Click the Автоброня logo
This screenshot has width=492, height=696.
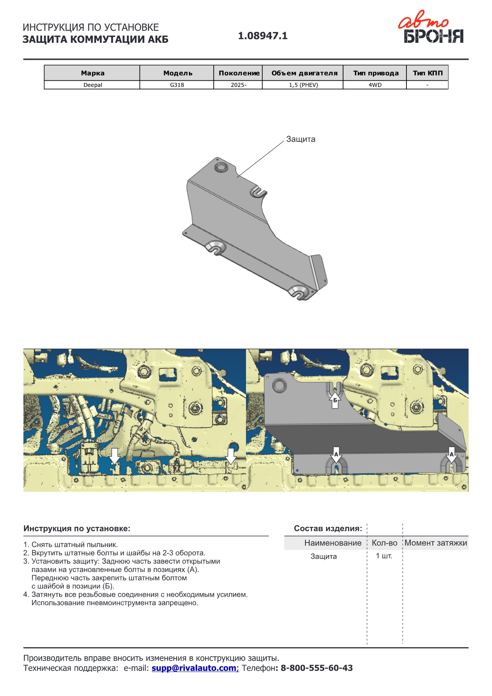pos(431,27)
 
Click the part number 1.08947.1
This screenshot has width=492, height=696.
pos(263,36)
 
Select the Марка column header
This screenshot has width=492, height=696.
pos(93,73)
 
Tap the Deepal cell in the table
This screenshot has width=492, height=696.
pos(93,85)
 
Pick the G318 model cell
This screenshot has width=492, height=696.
pos(177,85)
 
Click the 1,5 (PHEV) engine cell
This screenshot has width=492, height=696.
pos(303,85)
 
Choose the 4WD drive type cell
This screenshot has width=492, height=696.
pos(375,85)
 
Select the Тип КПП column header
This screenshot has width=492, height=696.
pos(428,73)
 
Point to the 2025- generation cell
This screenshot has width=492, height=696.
pos(238,85)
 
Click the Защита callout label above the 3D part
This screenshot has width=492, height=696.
pos(301,139)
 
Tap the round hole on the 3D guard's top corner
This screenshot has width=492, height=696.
pos(221,167)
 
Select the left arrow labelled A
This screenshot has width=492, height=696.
pos(336,455)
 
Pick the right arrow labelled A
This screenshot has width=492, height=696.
pos(451,455)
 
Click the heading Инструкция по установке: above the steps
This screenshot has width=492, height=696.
pos(77,529)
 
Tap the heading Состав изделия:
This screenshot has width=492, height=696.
pos(328,529)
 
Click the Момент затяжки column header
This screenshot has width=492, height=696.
pos(436,543)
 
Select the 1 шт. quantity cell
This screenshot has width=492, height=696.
pos(384,556)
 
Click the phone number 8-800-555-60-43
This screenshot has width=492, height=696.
pos(317,668)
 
